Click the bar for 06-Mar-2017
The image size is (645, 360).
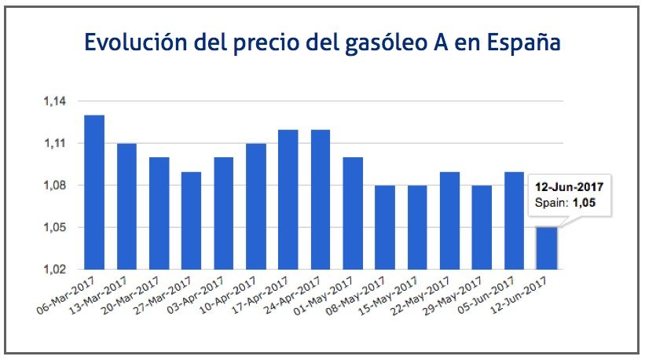point(94,193)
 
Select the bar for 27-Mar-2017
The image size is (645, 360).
point(191,221)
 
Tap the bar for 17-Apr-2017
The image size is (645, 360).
point(288,200)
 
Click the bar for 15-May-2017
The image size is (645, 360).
point(417,228)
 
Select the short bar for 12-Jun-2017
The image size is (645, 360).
point(547,248)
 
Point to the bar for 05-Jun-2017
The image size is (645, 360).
point(514,221)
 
